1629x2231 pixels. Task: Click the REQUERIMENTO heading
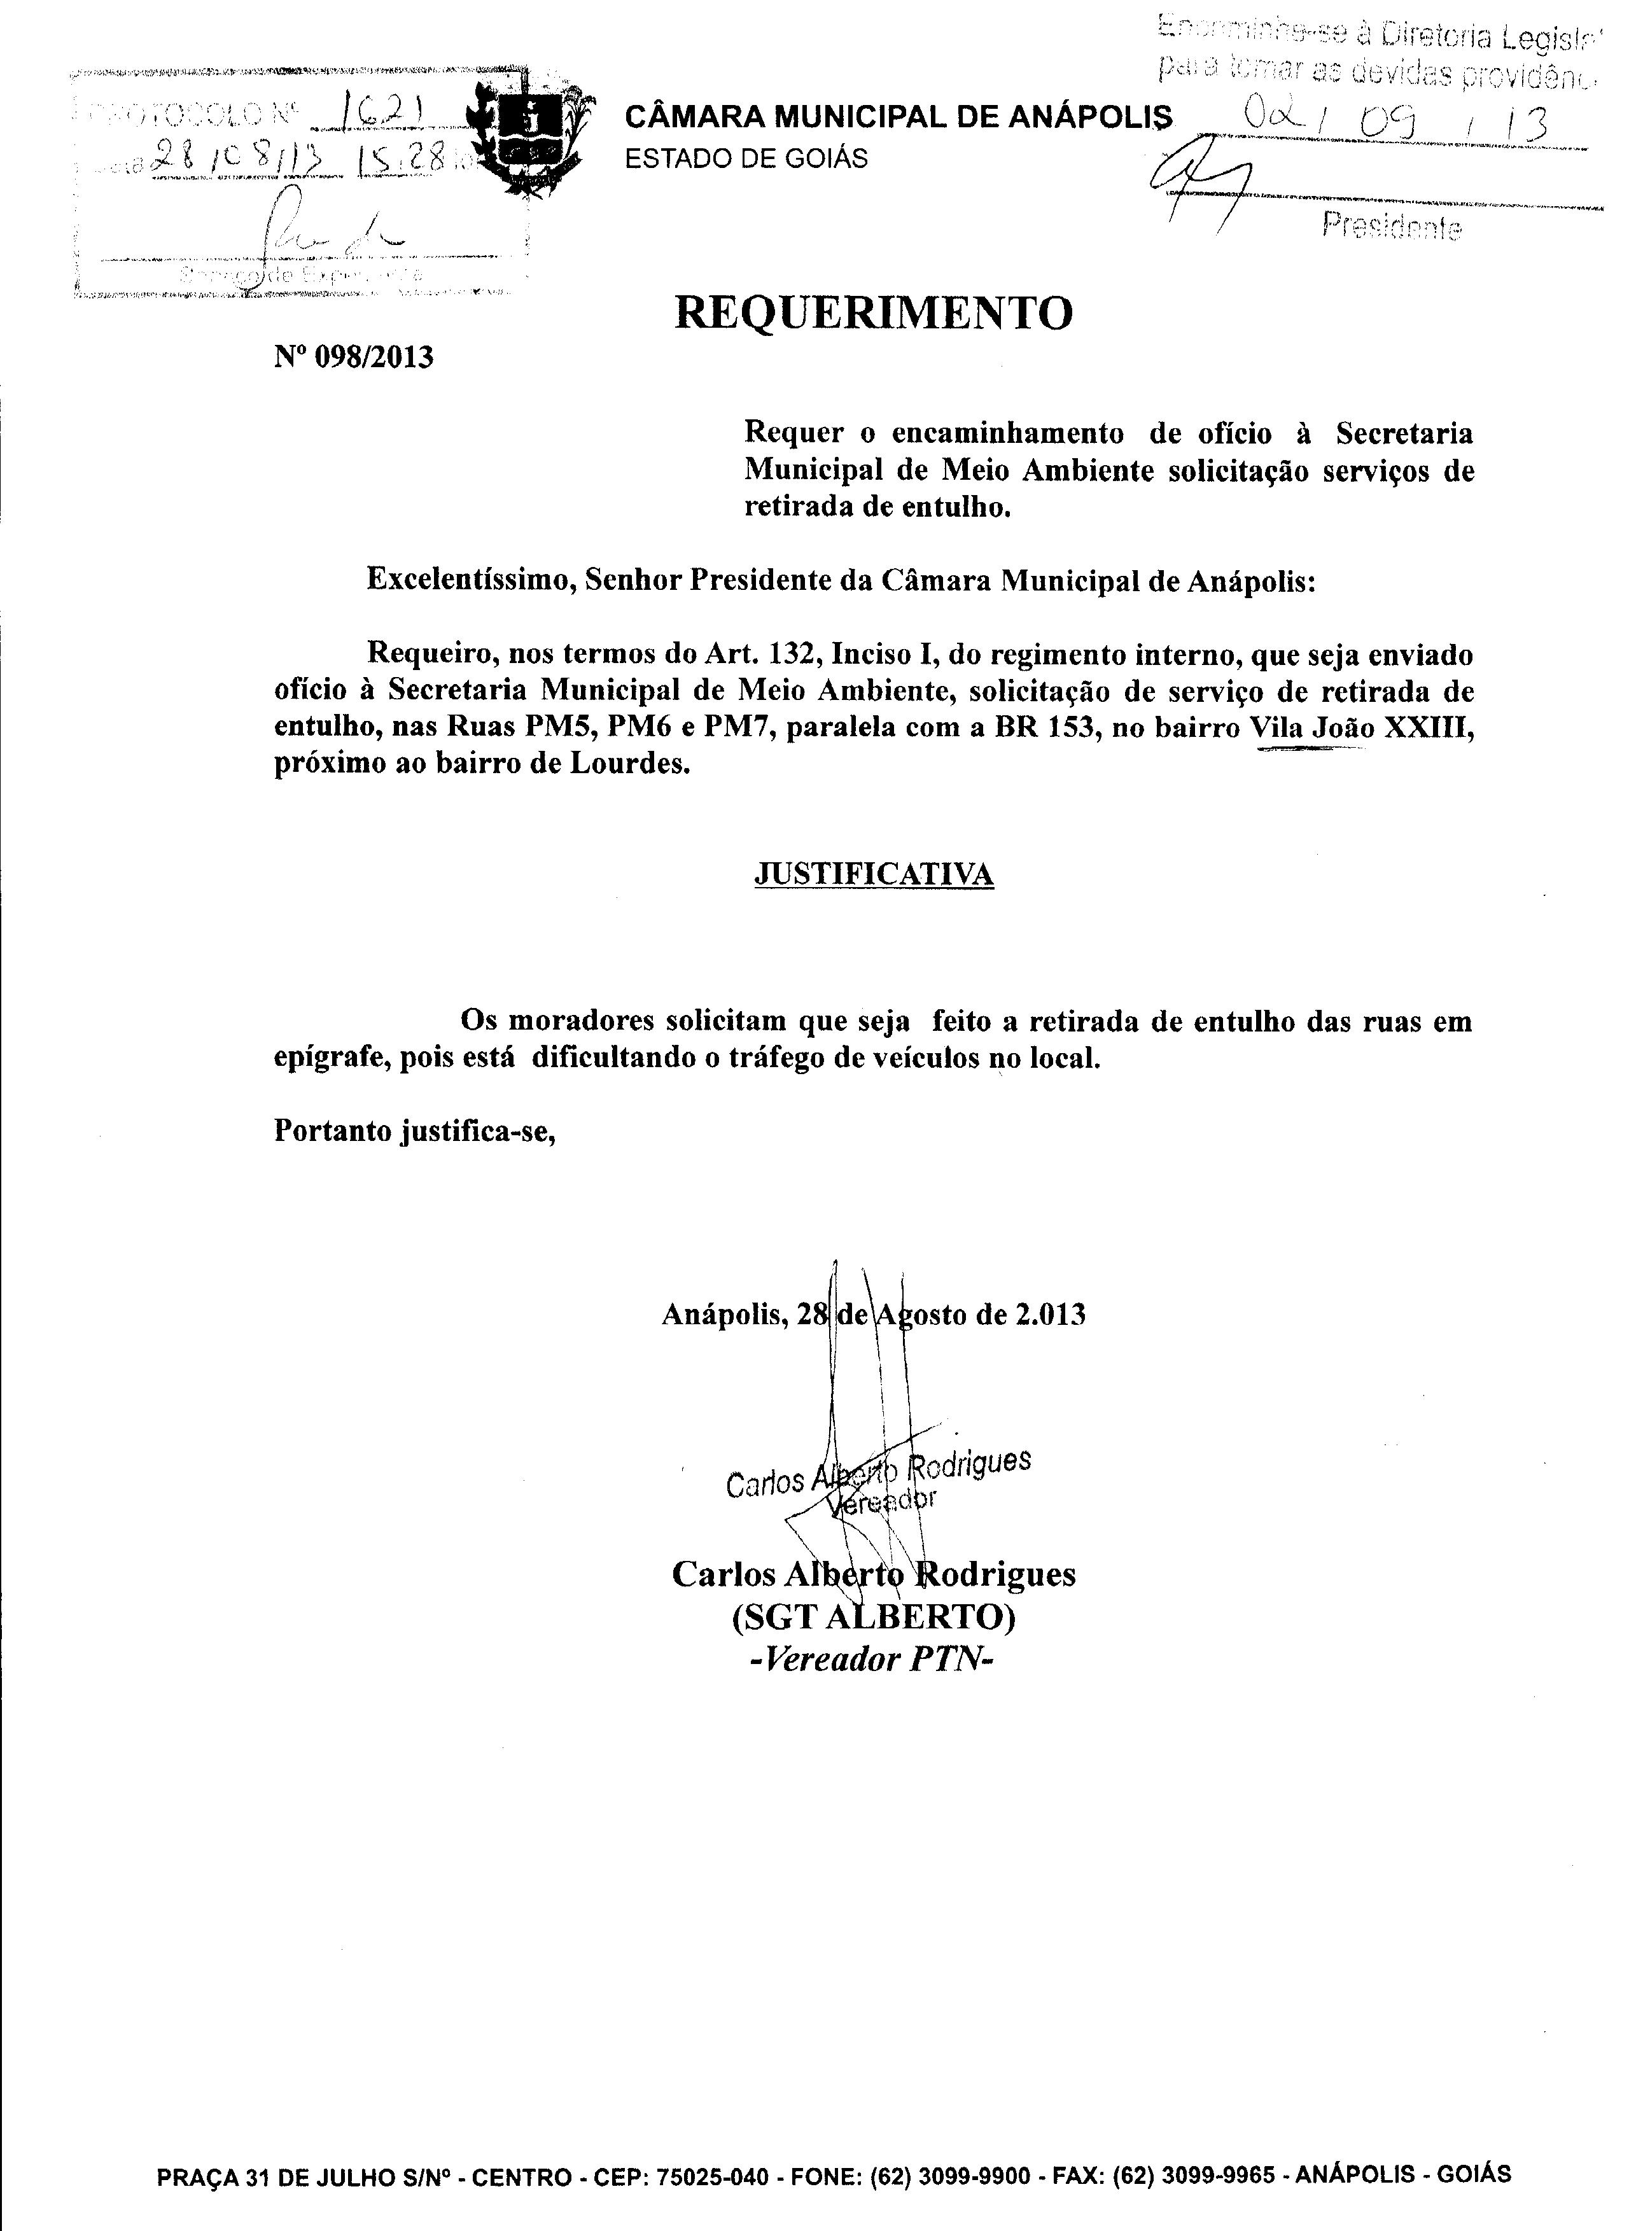tap(872, 314)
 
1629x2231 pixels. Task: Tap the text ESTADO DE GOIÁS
tap(746, 158)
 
